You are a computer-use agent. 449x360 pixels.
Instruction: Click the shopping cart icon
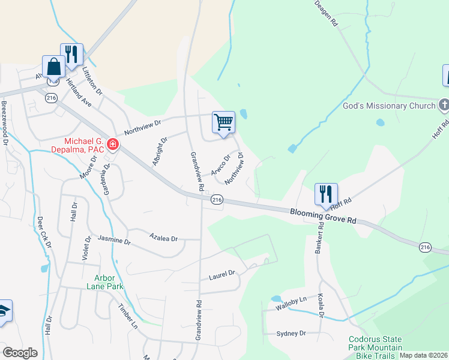tap(223, 122)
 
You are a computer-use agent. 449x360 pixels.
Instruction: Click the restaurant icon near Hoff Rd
tap(326, 194)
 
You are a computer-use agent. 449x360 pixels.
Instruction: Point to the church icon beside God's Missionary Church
tap(444, 106)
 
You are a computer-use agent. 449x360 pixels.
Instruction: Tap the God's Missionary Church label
tap(388, 106)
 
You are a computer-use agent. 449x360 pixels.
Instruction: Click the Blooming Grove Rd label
tap(323, 216)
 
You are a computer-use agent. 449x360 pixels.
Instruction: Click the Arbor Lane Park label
tap(109, 282)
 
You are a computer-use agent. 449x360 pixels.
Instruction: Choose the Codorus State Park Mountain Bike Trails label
tap(376, 347)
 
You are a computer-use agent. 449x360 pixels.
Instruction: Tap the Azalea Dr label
tap(164, 238)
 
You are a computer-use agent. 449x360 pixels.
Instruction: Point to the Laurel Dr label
tap(221, 275)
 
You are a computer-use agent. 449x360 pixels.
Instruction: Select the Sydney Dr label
tap(291, 333)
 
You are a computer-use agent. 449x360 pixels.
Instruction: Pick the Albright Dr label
tap(160, 151)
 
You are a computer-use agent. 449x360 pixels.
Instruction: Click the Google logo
tap(20, 352)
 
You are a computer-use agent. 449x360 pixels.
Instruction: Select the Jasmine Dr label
tap(114, 241)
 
